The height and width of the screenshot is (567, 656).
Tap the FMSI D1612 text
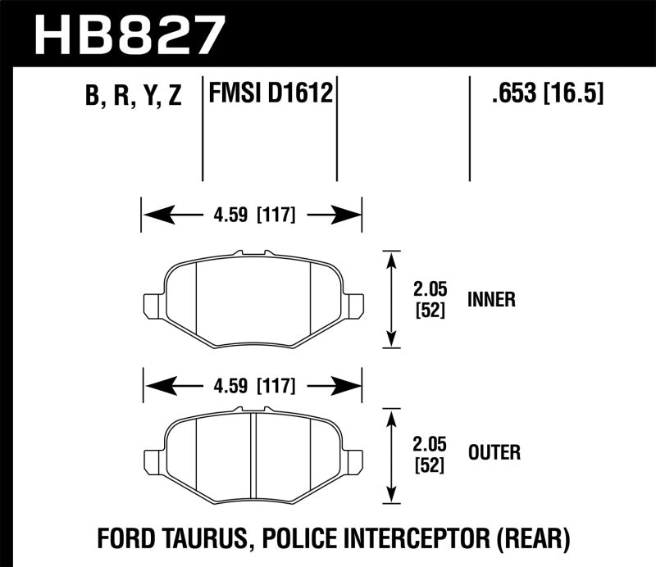[271, 94]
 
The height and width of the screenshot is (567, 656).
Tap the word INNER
[491, 300]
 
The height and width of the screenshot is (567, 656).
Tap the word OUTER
[494, 451]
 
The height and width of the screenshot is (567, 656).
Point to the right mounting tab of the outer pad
[354, 459]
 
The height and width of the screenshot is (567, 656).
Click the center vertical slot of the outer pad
[253, 455]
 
